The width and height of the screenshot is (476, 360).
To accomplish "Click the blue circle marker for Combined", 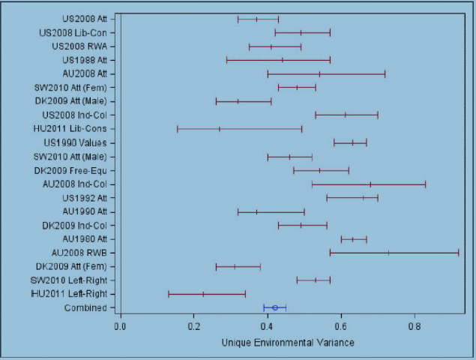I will click(x=275, y=307).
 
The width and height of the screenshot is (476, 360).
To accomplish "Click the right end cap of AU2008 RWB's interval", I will click(x=459, y=253).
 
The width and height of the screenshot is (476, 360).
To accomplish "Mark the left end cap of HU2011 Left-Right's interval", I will click(x=169, y=294).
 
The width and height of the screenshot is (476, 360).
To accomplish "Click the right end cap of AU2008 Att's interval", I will click(x=385, y=73).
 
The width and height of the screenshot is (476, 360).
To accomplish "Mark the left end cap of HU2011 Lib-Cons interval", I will click(x=177, y=129).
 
